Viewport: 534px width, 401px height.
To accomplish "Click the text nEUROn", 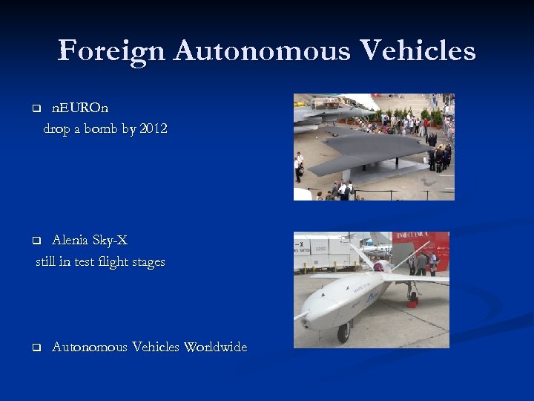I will [x=80, y=108].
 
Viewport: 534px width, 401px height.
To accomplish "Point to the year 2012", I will [x=154, y=129].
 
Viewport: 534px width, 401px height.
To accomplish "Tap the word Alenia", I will [x=70, y=240].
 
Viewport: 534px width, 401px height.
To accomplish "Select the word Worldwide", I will [x=215, y=347].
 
